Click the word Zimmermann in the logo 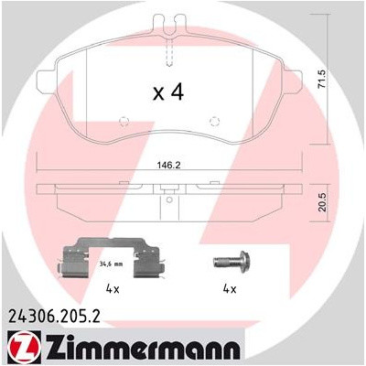(x=136, y=349)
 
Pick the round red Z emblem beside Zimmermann (x=20, y=349)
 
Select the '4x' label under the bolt (x=229, y=289)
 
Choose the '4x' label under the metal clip (x=112, y=289)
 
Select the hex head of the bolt (x=217, y=260)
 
